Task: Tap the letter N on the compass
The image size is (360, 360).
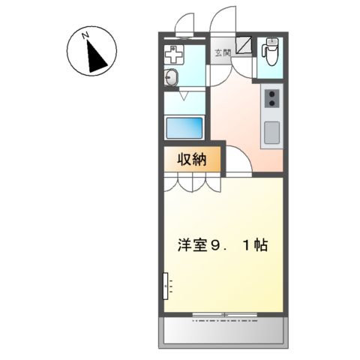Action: (x=86, y=34)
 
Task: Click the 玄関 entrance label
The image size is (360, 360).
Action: (x=223, y=52)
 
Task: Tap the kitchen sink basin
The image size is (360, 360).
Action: (x=270, y=133)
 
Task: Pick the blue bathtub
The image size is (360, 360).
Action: (x=184, y=127)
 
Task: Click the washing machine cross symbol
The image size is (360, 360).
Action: (x=175, y=54)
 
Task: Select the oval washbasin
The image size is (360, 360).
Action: (x=170, y=78)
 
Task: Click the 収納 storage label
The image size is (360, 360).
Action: (x=191, y=159)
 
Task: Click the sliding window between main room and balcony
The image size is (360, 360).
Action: (x=223, y=313)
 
